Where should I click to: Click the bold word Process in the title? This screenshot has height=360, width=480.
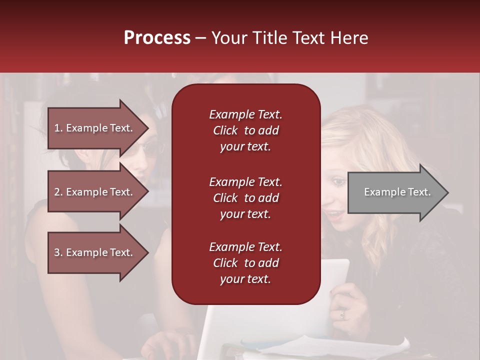pyautogui.click(x=157, y=38)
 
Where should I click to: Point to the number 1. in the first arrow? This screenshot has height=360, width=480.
pyautogui.click(x=58, y=128)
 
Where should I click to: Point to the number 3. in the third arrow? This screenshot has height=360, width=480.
pyautogui.click(x=58, y=252)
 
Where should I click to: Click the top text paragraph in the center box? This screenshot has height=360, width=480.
pyautogui.click(x=245, y=130)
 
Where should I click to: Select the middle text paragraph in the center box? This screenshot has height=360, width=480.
pyautogui.click(x=245, y=198)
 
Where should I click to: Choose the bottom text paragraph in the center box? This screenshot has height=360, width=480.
pyautogui.click(x=245, y=263)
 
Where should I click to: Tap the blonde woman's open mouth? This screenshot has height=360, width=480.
pyautogui.click(x=333, y=215)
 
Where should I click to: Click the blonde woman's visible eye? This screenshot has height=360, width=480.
pyautogui.click(x=339, y=182)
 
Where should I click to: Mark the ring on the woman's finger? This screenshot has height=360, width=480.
pyautogui.click(x=342, y=314)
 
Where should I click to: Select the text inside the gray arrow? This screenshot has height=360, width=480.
pyautogui.click(x=397, y=192)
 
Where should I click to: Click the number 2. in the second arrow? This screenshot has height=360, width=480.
pyautogui.click(x=58, y=192)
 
